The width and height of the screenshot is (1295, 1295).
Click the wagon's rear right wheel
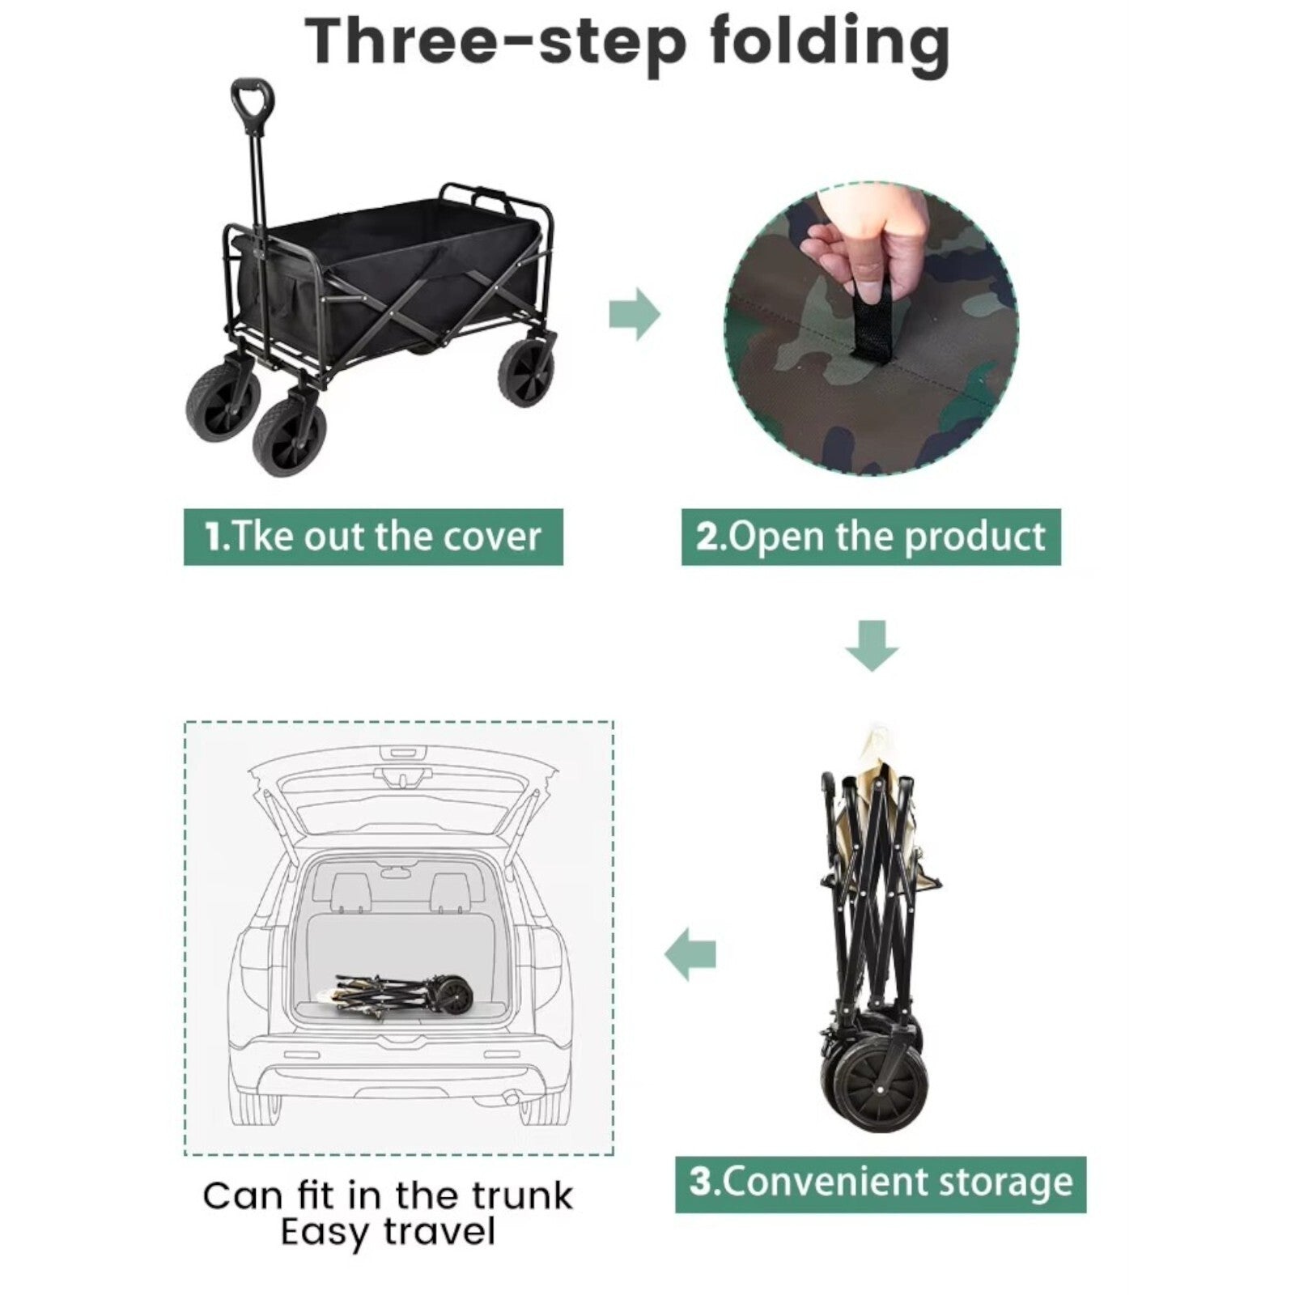point(530,372)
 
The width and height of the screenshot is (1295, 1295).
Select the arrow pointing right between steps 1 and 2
point(635,313)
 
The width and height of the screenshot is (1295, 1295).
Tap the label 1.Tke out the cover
point(373,537)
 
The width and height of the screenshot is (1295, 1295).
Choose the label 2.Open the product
point(871,537)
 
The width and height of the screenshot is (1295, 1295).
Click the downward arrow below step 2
point(872,646)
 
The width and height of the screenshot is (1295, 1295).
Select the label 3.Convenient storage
point(881,1184)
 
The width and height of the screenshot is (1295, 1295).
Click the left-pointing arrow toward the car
point(690,955)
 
